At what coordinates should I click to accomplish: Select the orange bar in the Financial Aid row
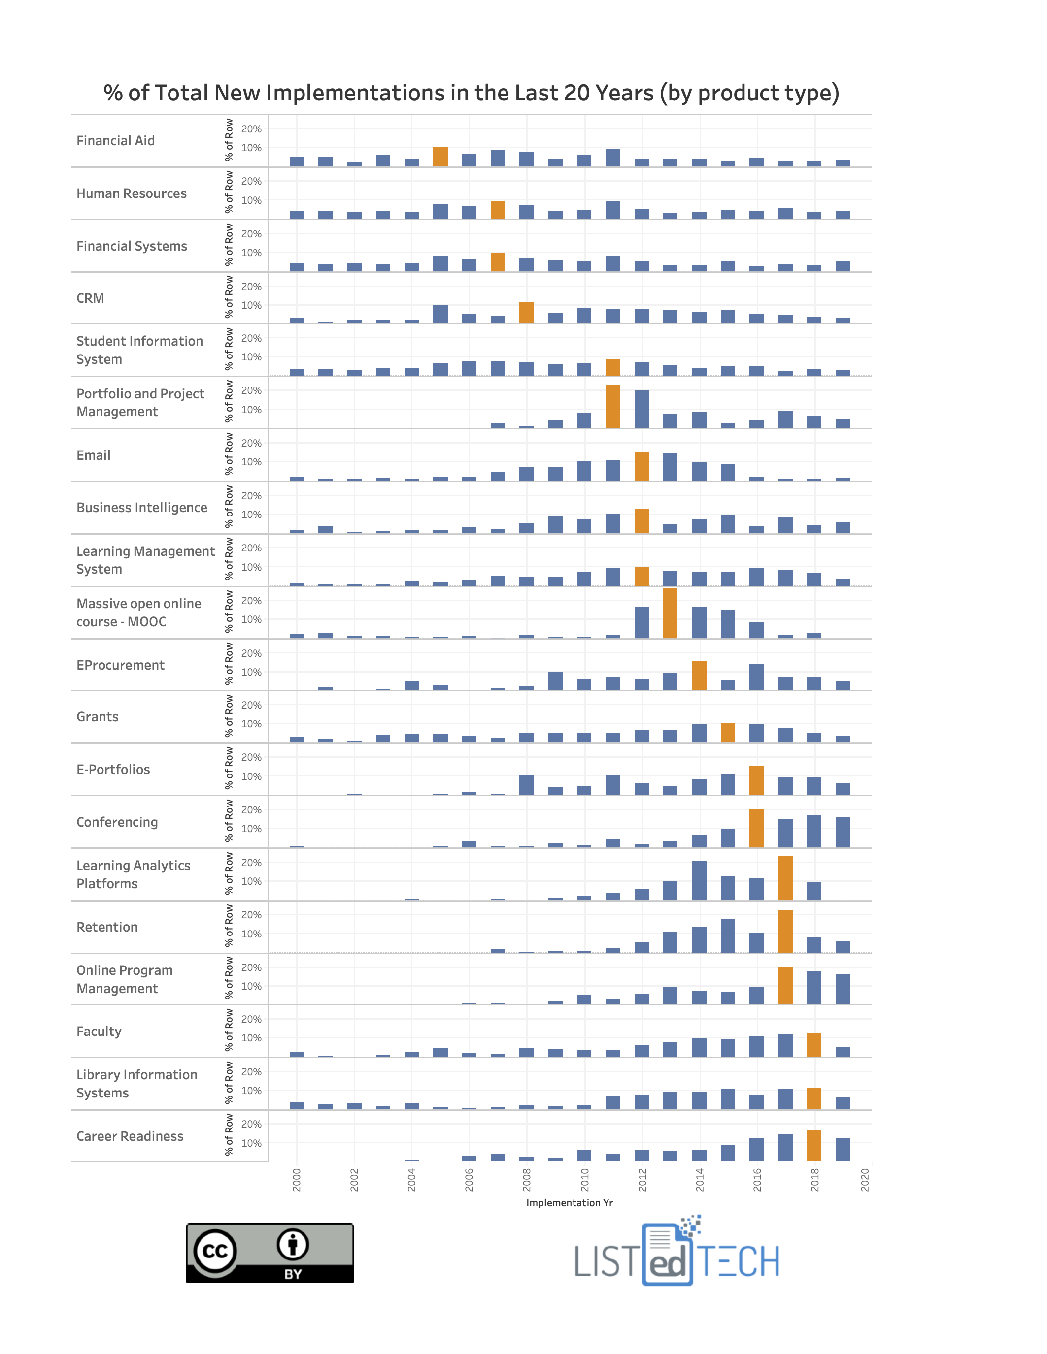[440, 157]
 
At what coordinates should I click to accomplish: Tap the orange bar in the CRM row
[526, 313]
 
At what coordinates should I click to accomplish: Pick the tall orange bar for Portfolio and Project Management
[612, 407]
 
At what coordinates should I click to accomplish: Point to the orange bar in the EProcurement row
[699, 676]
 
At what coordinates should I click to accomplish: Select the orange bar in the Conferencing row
[756, 828]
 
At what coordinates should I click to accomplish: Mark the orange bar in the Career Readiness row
[814, 1146]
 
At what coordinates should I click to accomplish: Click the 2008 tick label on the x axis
[527, 1180]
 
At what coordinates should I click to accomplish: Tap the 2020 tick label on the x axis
[865, 1180]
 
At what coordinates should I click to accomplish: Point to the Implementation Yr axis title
[570, 1203]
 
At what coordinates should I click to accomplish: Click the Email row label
[94, 455]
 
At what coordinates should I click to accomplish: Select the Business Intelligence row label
[141, 508]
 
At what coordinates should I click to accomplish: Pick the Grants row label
[98, 717]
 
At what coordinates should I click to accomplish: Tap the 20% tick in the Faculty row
[251, 1019]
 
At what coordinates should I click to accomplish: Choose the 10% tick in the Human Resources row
[251, 200]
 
